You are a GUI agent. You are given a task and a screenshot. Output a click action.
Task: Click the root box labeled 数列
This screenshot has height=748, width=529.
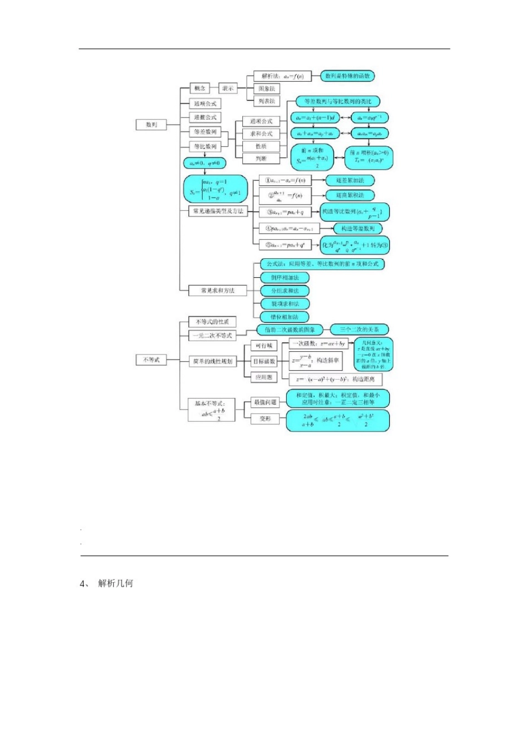click(151, 125)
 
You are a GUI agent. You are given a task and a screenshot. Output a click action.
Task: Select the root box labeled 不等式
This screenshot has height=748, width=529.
click(151, 360)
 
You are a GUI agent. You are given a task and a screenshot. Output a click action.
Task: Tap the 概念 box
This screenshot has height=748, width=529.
click(199, 88)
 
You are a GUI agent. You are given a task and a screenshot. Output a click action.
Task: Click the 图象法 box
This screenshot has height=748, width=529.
click(267, 88)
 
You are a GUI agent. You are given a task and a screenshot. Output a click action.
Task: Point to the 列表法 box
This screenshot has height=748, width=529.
click(267, 101)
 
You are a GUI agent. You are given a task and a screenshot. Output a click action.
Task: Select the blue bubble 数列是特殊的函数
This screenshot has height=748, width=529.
click(347, 76)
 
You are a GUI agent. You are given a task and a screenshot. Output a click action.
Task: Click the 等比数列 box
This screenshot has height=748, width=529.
click(205, 146)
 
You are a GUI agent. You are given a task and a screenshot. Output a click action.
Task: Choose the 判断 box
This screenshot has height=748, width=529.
click(261, 159)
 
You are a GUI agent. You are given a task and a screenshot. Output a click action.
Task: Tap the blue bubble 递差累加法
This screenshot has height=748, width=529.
click(350, 180)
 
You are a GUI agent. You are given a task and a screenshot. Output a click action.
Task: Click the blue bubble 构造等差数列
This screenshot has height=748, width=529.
click(357, 229)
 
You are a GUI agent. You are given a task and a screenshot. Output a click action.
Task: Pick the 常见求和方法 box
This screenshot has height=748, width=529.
click(218, 291)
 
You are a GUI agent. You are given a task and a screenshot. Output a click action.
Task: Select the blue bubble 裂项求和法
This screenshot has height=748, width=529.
click(285, 304)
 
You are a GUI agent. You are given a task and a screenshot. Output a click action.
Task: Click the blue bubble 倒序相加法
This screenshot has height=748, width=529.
click(285, 278)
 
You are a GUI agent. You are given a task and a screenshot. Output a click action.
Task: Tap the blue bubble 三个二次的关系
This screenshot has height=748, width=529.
click(359, 329)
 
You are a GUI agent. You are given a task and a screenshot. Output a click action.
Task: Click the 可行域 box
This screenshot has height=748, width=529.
click(264, 346)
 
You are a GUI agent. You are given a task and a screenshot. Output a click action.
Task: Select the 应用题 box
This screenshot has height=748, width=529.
click(264, 377)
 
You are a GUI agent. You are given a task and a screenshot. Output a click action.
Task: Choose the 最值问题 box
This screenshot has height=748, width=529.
click(265, 402)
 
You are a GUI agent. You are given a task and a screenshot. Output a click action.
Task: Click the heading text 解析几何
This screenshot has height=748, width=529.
click(115, 583)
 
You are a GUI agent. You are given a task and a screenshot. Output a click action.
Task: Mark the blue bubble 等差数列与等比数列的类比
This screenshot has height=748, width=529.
click(338, 101)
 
